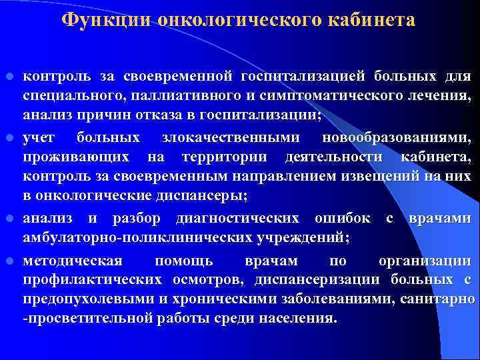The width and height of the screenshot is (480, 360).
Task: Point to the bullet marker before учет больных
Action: pos(9,137)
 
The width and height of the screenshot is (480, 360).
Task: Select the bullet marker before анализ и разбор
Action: pos(9,219)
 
